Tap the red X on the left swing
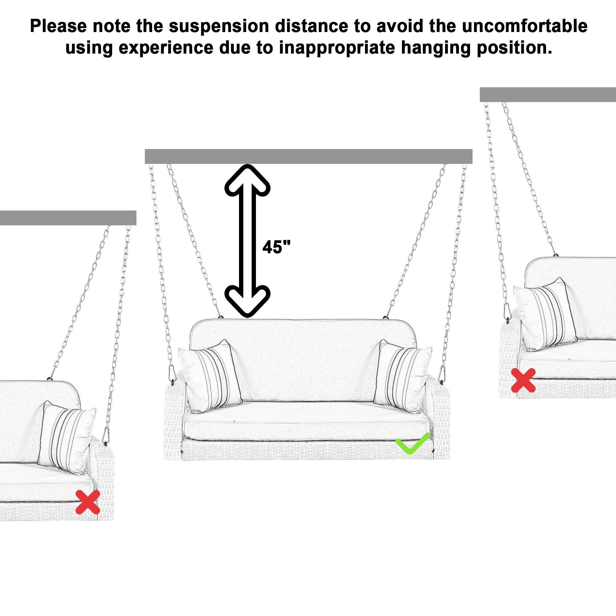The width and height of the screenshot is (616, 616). (x=88, y=502)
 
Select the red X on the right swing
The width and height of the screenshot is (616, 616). (x=523, y=380)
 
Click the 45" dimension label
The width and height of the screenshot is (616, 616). (x=276, y=247)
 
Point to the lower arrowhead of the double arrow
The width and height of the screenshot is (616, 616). (x=247, y=300)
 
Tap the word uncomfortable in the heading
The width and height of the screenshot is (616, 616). (x=525, y=26)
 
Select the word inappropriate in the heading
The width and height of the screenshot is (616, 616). (x=337, y=48)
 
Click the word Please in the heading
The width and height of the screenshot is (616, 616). (x=58, y=26)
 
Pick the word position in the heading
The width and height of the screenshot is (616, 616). (x=514, y=48)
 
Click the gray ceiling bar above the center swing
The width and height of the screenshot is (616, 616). (x=308, y=156)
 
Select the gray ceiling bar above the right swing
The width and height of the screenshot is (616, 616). (x=547, y=95)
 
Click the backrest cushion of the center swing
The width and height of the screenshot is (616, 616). (x=303, y=357)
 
